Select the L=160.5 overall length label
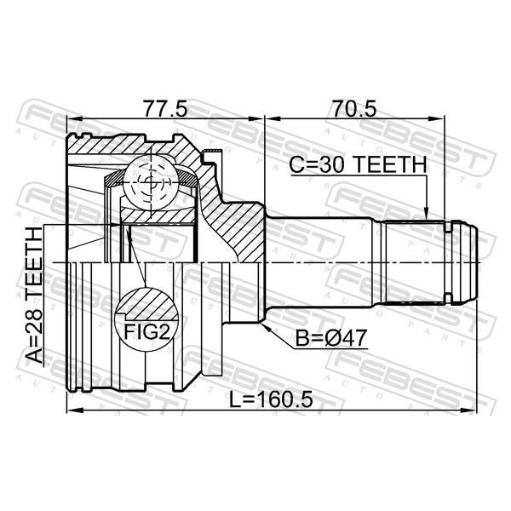271,399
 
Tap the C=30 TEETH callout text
358,164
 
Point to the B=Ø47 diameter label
331,338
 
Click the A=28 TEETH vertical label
35,296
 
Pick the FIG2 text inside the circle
147,332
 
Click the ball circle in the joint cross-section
152,182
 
